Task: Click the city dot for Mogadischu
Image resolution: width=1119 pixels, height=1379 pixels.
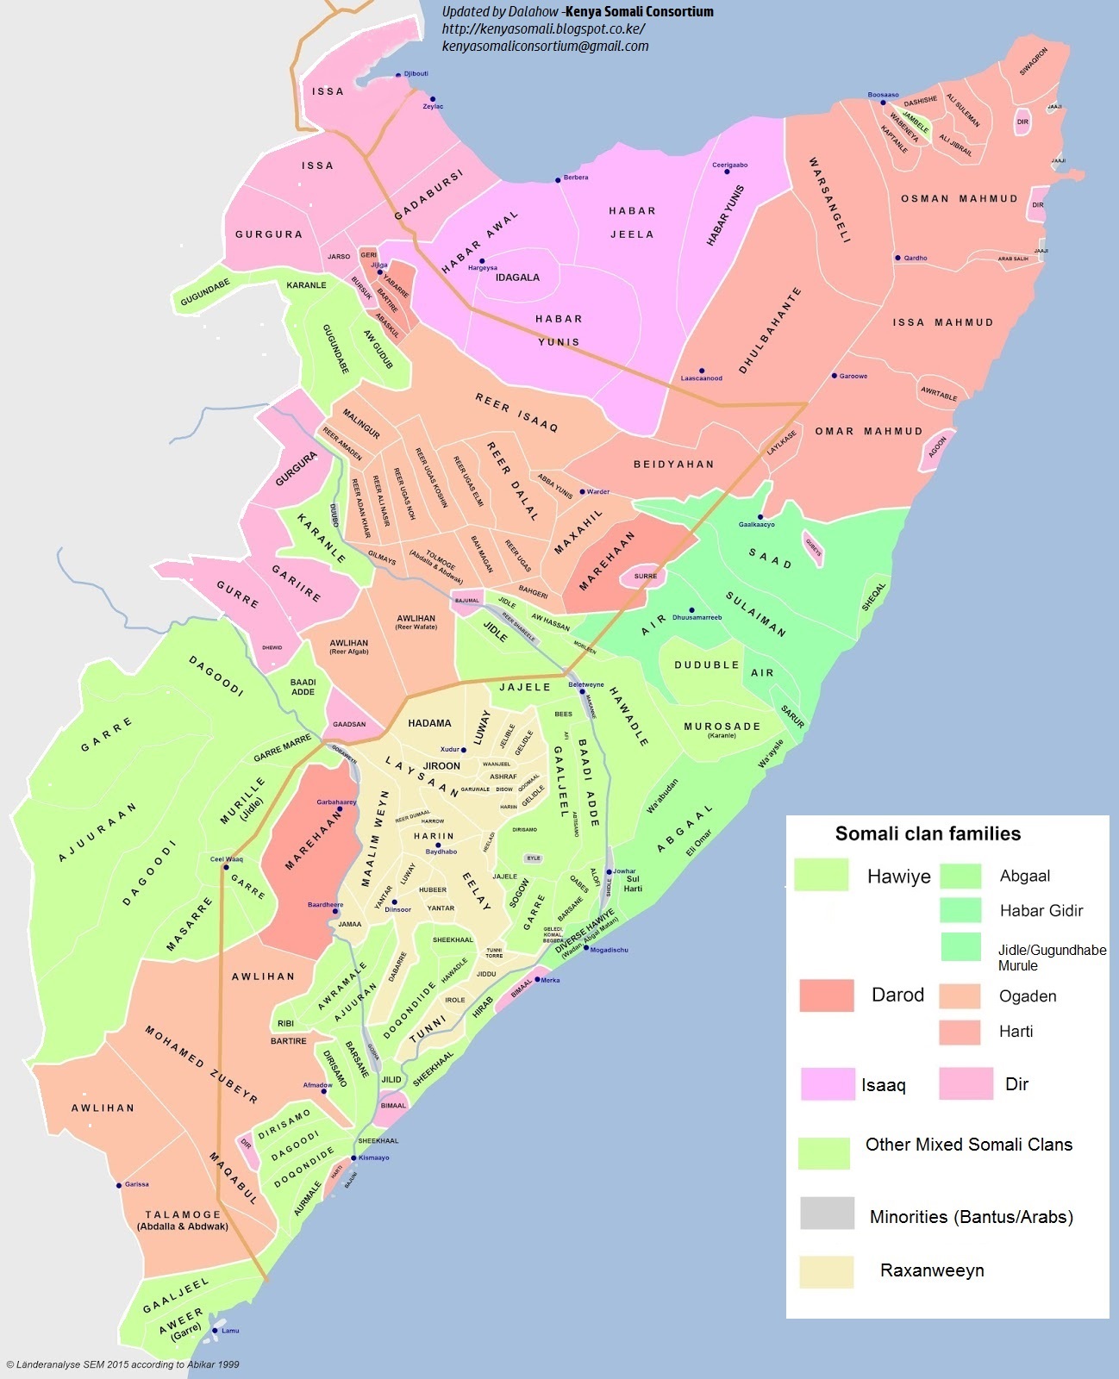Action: click(x=586, y=948)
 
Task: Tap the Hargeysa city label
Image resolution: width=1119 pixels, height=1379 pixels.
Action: click(x=483, y=268)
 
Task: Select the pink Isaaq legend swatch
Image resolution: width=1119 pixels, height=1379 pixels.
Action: click(x=827, y=1083)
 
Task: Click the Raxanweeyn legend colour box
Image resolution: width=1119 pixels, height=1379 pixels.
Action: click(x=826, y=1271)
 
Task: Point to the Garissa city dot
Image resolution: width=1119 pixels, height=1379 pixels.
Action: click(x=119, y=1185)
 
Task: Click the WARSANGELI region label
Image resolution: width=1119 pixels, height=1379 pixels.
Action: click(x=829, y=200)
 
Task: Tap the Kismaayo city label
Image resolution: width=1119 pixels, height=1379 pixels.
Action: click(x=374, y=1157)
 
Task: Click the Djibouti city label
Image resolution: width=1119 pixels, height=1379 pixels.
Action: click(x=416, y=74)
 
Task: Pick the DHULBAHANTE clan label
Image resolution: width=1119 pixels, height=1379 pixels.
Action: click(x=770, y=331)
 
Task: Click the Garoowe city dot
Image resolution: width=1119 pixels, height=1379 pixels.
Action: click(x=835, y=376)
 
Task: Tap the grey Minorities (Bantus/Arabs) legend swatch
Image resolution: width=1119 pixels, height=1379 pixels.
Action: click(x=826, y=1213)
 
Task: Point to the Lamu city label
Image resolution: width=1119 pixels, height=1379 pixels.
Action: click(x=230, y=1331)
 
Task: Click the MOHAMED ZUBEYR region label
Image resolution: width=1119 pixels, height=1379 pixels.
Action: click(x=201, y=1064)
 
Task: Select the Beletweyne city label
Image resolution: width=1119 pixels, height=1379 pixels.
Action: click(x=586, y=684)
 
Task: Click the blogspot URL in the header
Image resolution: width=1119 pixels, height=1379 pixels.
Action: click(x=543, y=28)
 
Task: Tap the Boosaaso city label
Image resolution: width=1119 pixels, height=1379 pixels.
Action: click(x=883, y=95)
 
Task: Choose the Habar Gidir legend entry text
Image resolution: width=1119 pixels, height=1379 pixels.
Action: click(x=1041, y=911)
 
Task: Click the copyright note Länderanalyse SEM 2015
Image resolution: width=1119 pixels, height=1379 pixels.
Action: click(x=122, y=1364)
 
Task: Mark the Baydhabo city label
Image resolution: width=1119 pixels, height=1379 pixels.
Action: click(x=441, y=852)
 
